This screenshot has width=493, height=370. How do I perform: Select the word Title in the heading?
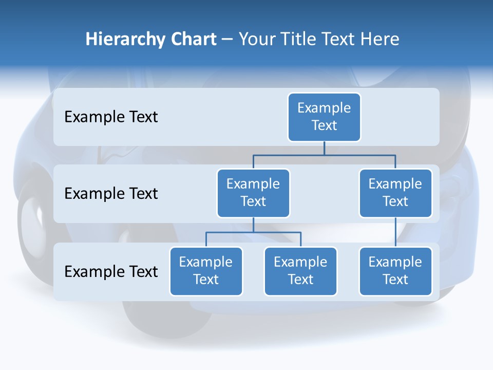[297, 40]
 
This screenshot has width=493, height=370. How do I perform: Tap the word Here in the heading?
[381, 40]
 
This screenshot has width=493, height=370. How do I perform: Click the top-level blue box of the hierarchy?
[324, 117]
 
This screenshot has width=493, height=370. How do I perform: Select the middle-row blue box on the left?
[253, 193]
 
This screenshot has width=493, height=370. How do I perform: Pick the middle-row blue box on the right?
[395, 193]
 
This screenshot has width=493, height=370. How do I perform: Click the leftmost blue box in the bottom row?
[206, 271]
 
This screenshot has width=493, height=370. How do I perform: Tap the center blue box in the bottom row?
[300, 271]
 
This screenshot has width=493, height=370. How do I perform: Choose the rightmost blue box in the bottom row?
[395, 271]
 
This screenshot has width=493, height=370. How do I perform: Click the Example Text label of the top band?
[111, 117]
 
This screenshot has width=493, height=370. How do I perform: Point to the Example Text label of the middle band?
[111, 194]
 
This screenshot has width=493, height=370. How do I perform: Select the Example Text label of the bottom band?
[111, 271]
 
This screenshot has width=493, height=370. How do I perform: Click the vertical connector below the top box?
[324, 148]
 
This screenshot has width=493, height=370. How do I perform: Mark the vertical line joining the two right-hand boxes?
[395, 232]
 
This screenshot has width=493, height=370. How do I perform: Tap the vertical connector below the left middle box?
[253, 225]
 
